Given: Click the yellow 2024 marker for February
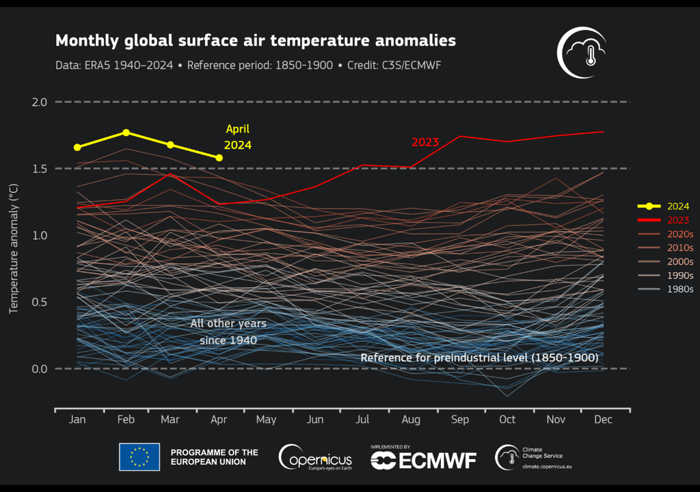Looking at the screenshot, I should point(126,132).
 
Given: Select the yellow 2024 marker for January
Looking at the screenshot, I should point(77,147).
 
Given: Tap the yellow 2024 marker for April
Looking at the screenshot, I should point(219,158).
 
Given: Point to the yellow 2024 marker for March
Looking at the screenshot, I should point(170,145).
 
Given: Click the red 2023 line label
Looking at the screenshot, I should point(425,142).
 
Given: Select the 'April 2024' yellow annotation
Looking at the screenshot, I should point(238,137).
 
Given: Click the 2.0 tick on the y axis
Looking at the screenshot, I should point(39,102).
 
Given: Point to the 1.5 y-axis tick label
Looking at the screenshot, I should point(39,169).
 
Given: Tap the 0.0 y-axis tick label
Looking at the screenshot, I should point(39,369).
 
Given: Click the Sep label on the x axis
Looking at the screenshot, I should point(459,419).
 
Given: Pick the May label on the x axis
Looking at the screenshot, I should point(266,419).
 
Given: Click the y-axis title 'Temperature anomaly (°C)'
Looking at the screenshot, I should point(12,248).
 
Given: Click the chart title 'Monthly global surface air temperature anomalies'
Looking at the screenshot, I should point(255,40).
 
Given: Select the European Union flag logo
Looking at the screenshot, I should point(139,457).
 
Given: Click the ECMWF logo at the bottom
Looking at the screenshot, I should point(423,459).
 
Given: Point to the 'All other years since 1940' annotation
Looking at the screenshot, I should point(228,331).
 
